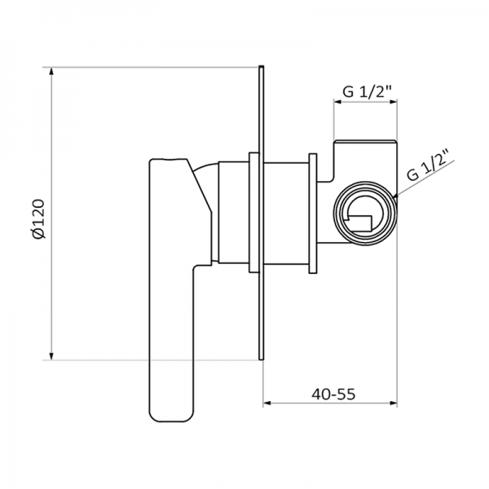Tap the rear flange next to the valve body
point(311,213)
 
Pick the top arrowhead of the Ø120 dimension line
point(52,69)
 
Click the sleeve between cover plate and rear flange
point(285,213)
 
